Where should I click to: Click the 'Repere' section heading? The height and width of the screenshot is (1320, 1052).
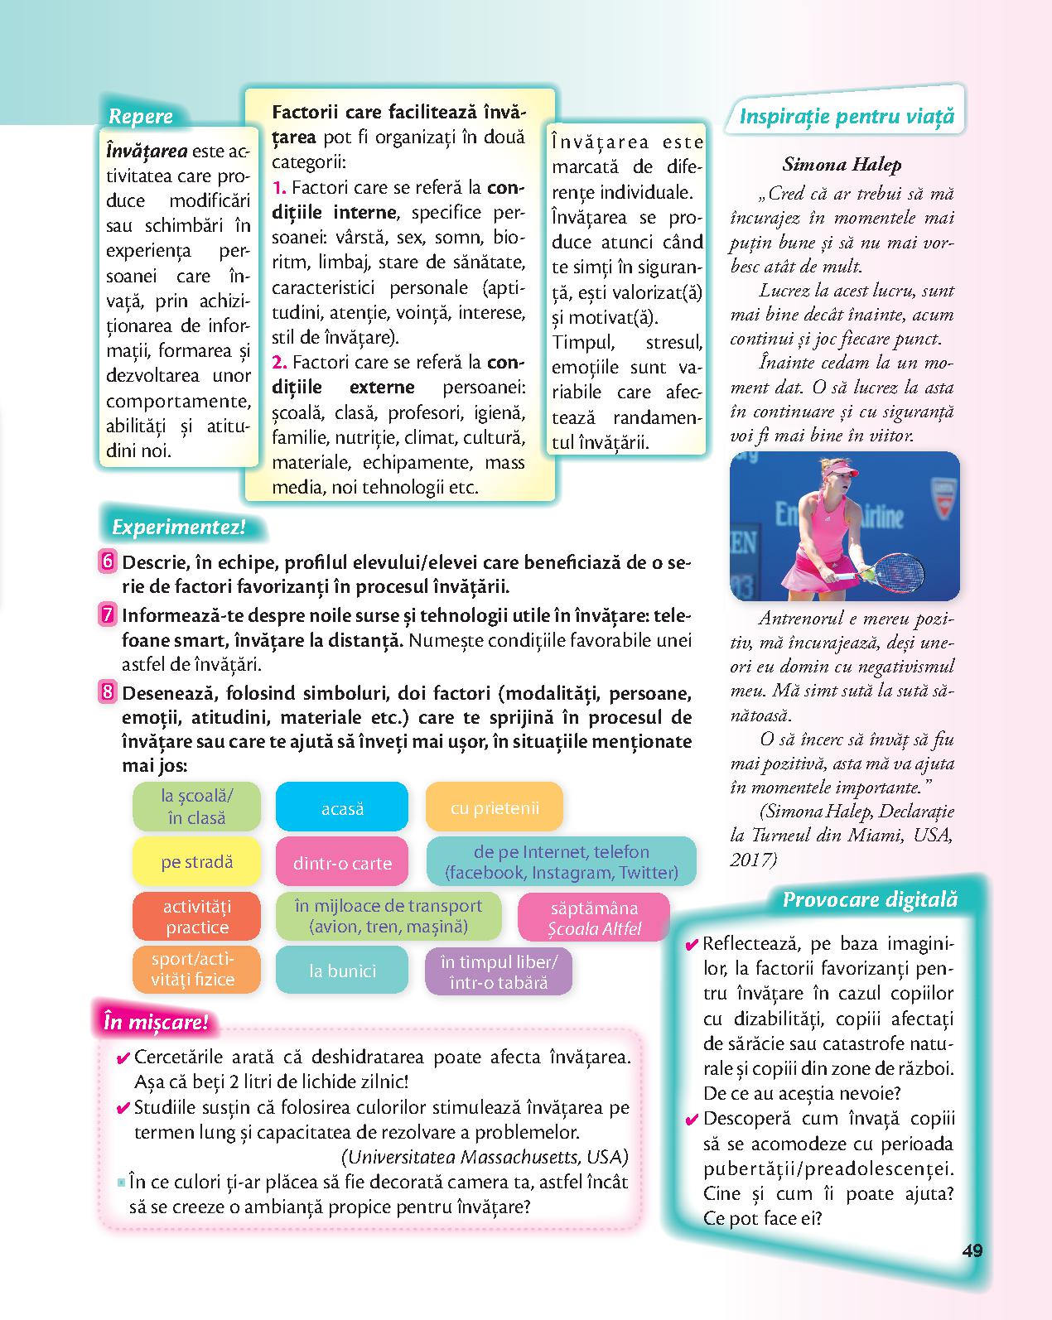click(141, 117)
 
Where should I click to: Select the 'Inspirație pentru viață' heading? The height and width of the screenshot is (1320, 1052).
click(846, 117)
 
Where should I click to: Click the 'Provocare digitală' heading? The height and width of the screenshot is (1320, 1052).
click(869, 899)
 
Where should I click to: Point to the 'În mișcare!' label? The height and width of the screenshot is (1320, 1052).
click(155, 1022)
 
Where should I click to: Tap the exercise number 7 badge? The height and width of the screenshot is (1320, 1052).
click(108, 615)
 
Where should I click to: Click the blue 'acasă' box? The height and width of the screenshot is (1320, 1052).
click(341, 807)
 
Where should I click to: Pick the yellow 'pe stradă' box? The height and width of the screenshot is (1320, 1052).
click(196, 862)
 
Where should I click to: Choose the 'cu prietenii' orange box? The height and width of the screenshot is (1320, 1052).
click(494, 807)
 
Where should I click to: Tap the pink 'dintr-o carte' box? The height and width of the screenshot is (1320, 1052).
click(341, 863)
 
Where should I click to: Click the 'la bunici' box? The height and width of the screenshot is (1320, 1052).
click(341, 971)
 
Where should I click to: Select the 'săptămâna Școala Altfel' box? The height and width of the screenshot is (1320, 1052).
click(594, 918)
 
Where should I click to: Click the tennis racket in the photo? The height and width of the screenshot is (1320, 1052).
click(894, 570)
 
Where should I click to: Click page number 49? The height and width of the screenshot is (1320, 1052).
click(972, 1250)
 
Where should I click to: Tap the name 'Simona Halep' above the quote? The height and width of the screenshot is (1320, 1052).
click(842, 164)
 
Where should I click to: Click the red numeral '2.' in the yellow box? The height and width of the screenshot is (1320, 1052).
click(279, 362)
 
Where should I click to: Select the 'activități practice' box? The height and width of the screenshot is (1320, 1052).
click(196, 917)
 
